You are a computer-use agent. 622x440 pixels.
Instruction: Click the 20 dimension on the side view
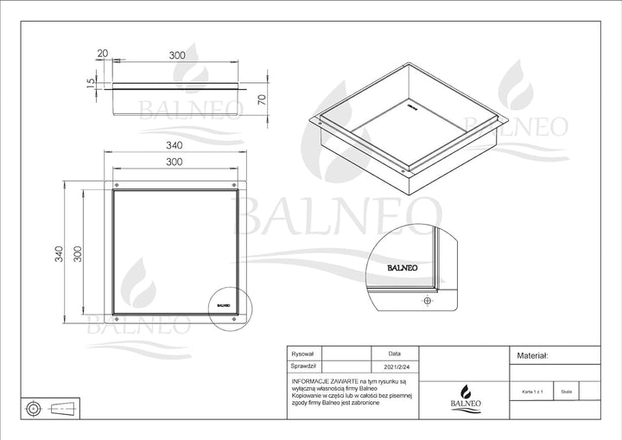click(104, 54)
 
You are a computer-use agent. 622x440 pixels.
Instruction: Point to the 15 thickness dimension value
click(91, 85)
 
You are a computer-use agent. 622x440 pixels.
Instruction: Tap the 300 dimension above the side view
click(177, 54)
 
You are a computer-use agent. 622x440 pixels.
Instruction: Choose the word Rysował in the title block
click(304, 354)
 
